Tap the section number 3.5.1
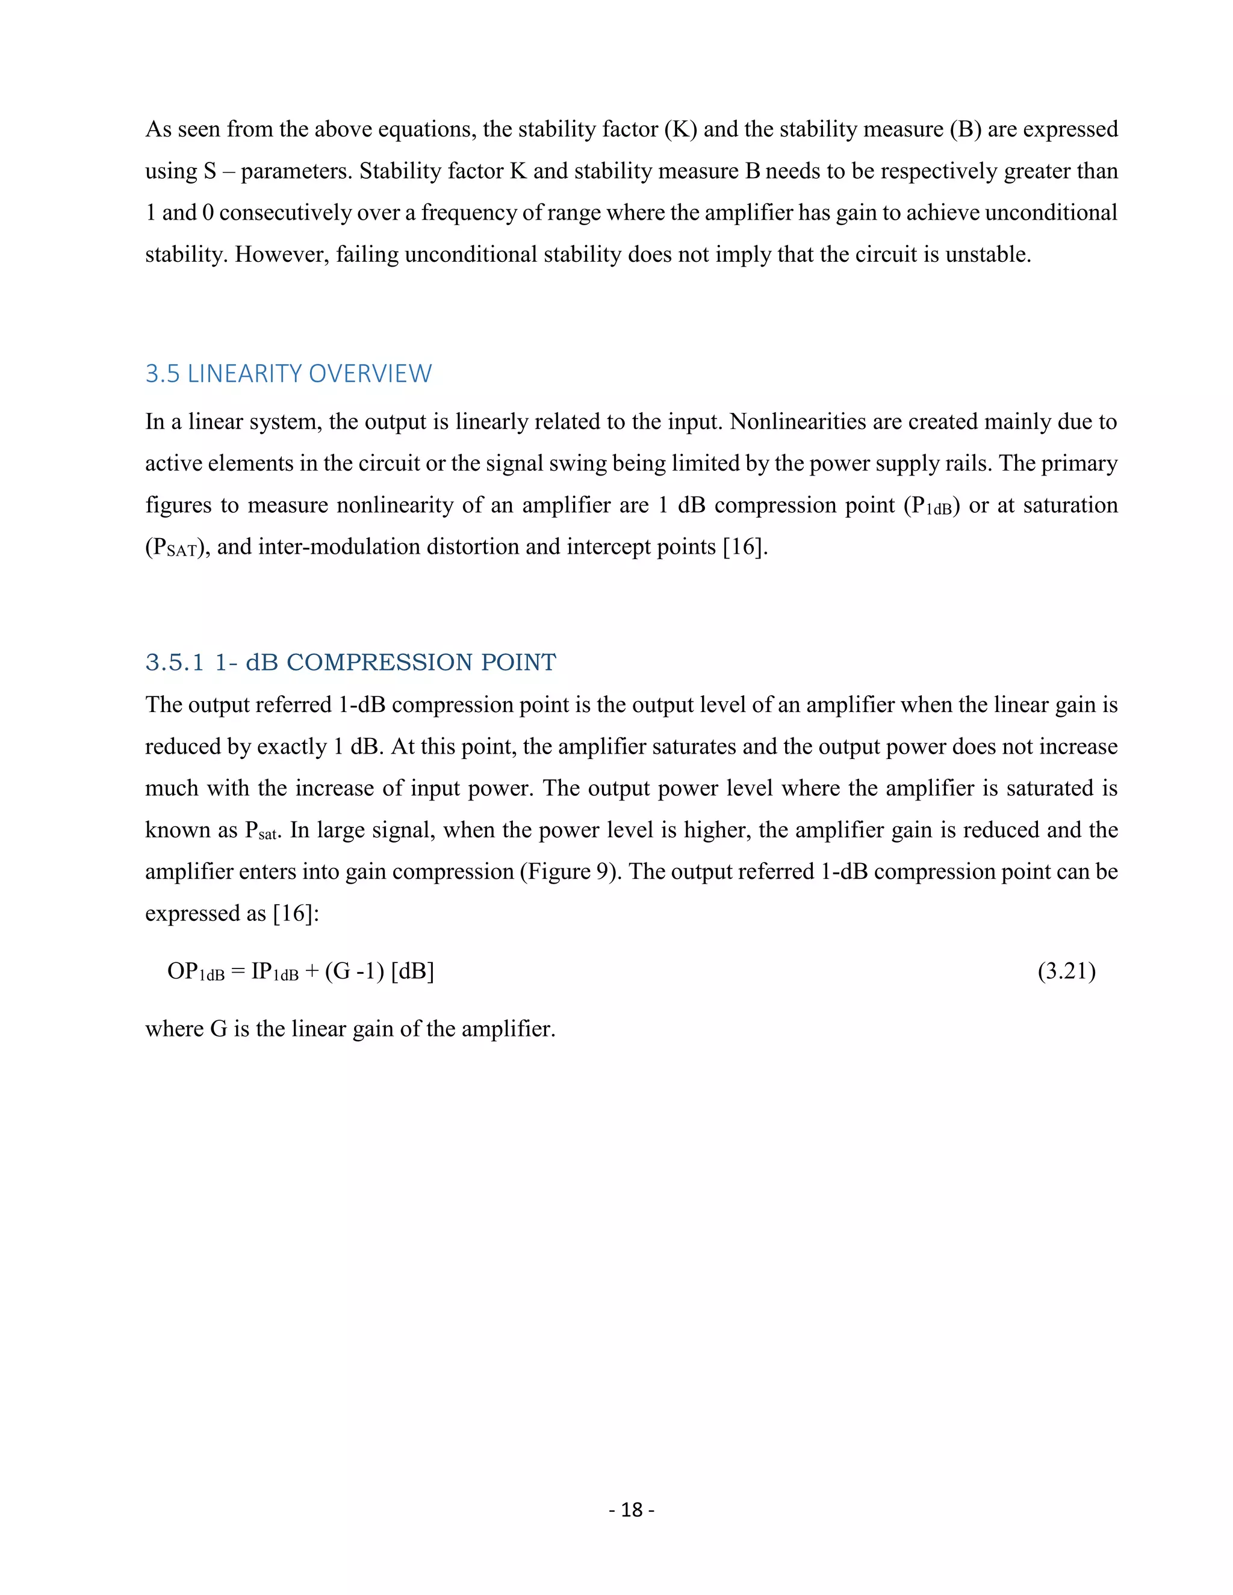[174, 663]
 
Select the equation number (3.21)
[1066, 971]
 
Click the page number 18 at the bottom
[631, 1510]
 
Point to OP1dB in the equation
[195, 972]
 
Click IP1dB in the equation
[275, 972]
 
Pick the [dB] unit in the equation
[412, 971]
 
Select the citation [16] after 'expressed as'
[296, 914]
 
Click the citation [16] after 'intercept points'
[745, 547]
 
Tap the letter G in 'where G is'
[219, 1029]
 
